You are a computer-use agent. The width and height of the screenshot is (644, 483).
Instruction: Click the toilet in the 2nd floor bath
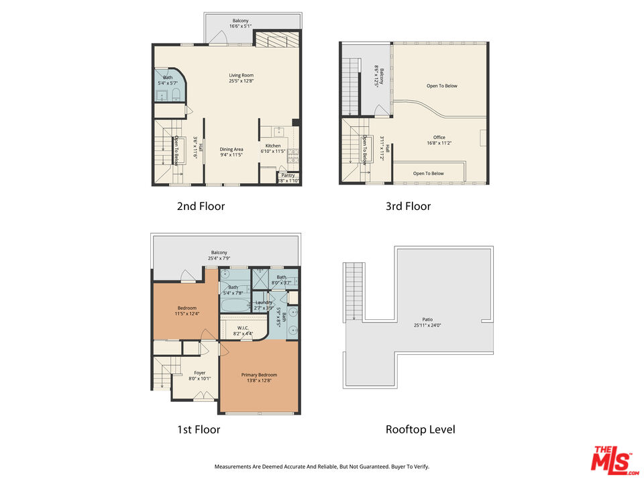(x=173, y=93)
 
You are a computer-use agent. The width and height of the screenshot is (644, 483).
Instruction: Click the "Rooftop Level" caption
(x=420, y=429)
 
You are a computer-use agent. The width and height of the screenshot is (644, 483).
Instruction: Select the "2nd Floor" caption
(x=201, y=207)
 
